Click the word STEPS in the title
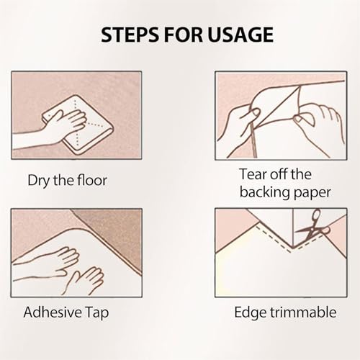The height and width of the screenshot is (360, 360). coord(130,35)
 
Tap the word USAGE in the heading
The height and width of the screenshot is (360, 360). coord(240,35)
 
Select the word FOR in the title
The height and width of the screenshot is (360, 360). coord(184,35)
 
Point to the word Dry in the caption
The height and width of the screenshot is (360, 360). coord(39,181)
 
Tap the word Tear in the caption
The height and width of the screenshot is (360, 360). coord(253,174)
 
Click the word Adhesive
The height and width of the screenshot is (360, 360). coord(53,312)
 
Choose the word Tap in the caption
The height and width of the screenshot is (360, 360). coord(97,313)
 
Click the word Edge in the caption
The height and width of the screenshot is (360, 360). coord(251,312)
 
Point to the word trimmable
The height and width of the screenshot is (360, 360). coord(303,312)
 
